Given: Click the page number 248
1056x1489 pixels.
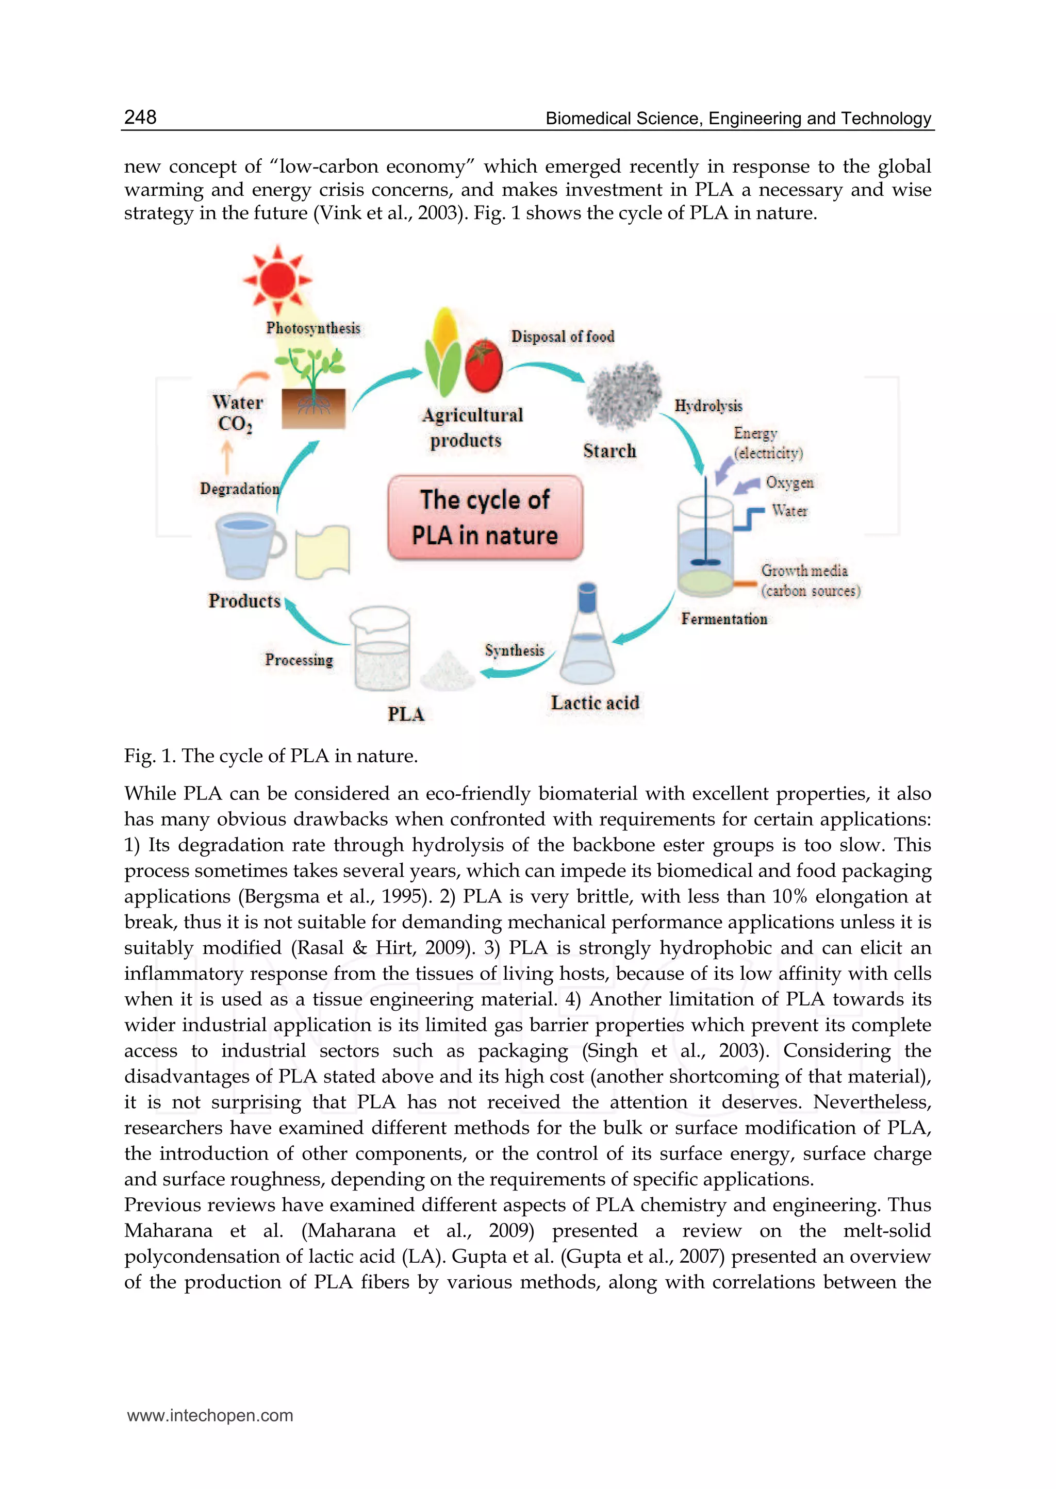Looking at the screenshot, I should click(140, 117).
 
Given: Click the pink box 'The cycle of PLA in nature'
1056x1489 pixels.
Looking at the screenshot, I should click(485, 517).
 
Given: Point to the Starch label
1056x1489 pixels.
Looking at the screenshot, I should click(609, 450).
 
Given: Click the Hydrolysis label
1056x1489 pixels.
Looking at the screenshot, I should click(708, 406).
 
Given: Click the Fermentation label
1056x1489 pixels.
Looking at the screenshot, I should click(724, 618).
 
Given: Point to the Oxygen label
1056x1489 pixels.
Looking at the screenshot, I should click(789, 482).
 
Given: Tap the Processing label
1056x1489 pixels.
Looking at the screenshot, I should click(299, 660).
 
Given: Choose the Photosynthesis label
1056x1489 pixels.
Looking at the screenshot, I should click(313, 328).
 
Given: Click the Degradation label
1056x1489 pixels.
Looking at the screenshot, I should click(239, 489).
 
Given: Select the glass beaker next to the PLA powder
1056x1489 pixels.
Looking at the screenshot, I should click(381, 648).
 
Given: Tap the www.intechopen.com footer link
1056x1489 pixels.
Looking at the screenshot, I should click(210, 1415).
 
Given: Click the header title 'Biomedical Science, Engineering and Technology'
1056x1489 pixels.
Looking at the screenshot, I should click(738, 119).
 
